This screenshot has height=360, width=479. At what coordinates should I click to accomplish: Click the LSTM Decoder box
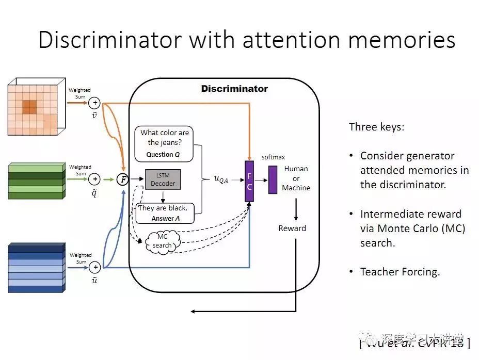point(163,179)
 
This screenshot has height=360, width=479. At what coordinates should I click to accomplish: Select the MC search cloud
point(162,241)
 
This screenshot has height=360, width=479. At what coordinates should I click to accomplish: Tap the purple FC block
point(249,182)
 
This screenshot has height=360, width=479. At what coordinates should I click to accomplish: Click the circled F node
point(123,179)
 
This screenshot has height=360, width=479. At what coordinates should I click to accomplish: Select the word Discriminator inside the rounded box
point(234,89)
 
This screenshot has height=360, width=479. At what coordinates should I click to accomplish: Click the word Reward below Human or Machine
point(292,228)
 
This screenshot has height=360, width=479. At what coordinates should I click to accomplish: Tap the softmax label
point(273,157)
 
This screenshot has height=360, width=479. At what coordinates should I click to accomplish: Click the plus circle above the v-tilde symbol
point(95,103)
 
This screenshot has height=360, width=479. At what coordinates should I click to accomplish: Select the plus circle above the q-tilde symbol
point(95,179)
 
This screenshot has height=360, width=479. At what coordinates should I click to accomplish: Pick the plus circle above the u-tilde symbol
point(95,267)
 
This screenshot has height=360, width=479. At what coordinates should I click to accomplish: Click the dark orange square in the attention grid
point(30,107)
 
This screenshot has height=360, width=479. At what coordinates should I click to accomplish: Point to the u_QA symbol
point(220,179)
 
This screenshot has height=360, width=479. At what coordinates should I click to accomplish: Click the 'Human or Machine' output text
point(296,178)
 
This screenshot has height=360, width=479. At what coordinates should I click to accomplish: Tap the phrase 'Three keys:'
point(376,127)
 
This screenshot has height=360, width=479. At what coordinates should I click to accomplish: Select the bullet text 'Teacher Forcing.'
point(400,272)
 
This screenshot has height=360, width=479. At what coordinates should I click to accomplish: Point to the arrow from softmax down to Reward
point(296,209)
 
